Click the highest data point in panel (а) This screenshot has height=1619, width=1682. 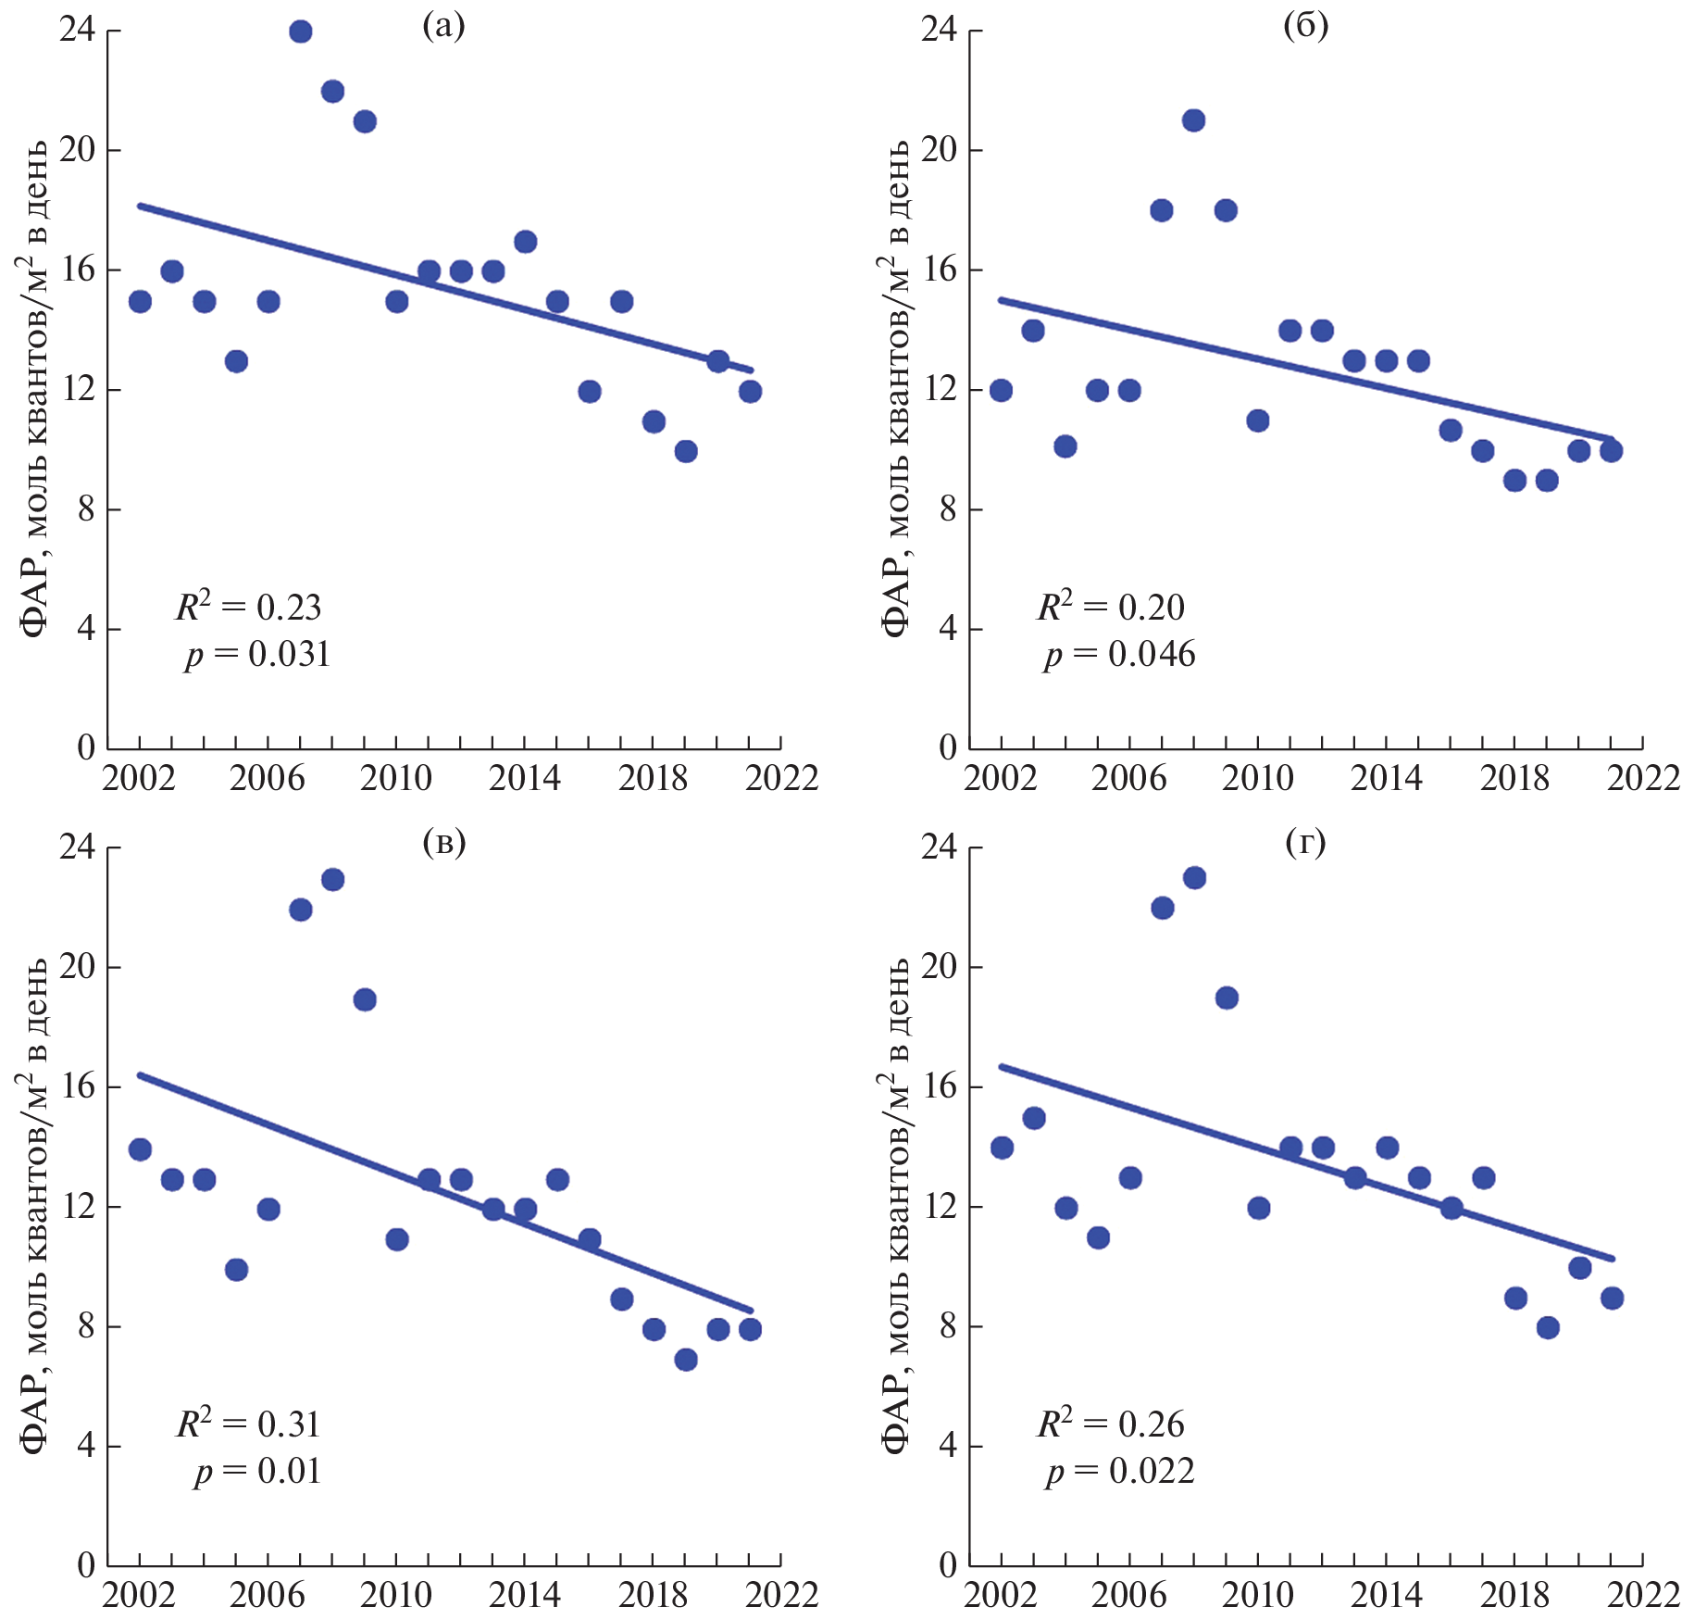pyautogui.click(x=300, y=31)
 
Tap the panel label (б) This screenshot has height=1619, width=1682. pyautogui.click(x=1305, y=26)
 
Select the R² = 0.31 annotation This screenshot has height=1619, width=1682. pyautogui.click(x=248, y=1424)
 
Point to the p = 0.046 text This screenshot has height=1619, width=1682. pyautogui.click(x=1119, y=655)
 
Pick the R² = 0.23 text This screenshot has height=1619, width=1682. pyautogui.click(x=248, y=608)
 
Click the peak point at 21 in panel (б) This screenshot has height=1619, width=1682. pyautogui.click(x=1193, y=120)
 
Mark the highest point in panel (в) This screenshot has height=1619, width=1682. pyautogui.click(x=332, y=879)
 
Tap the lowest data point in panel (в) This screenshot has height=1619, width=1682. pyautogui.click(x=686, y=1360)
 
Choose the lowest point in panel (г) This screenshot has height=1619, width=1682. pyautogui.click(x=1548, y=1327)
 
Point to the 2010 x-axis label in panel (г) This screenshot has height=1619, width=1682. pyautogui.click(x=1257, y=1595)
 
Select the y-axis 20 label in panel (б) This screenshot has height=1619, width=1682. pyautogui.click(x=938, y=150)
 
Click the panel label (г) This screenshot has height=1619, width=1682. pyautogui.click(x=1305, y=842)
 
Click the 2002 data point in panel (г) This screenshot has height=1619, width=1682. pyautogui.click(x=1002, y=1148)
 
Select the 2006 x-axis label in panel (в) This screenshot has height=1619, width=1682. pyautogui.click(x=268, y=1595)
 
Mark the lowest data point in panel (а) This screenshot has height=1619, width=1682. pyautogui.click(x=686, y=451)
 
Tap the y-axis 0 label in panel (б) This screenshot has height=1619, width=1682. pyautogui.click(x=947, y=747)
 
